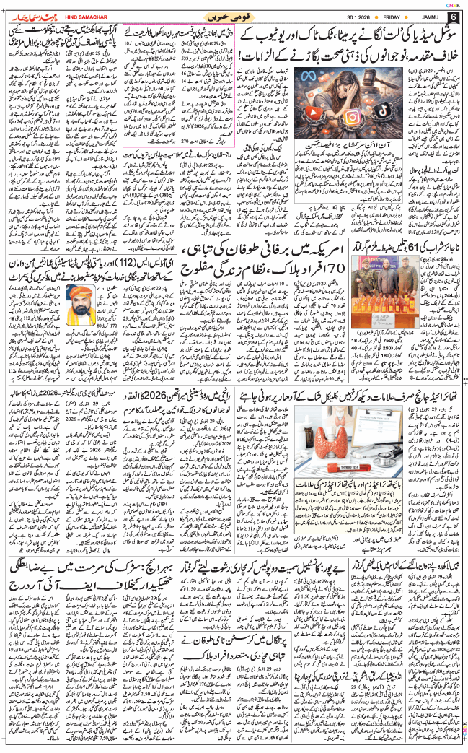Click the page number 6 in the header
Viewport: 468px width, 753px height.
453,16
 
